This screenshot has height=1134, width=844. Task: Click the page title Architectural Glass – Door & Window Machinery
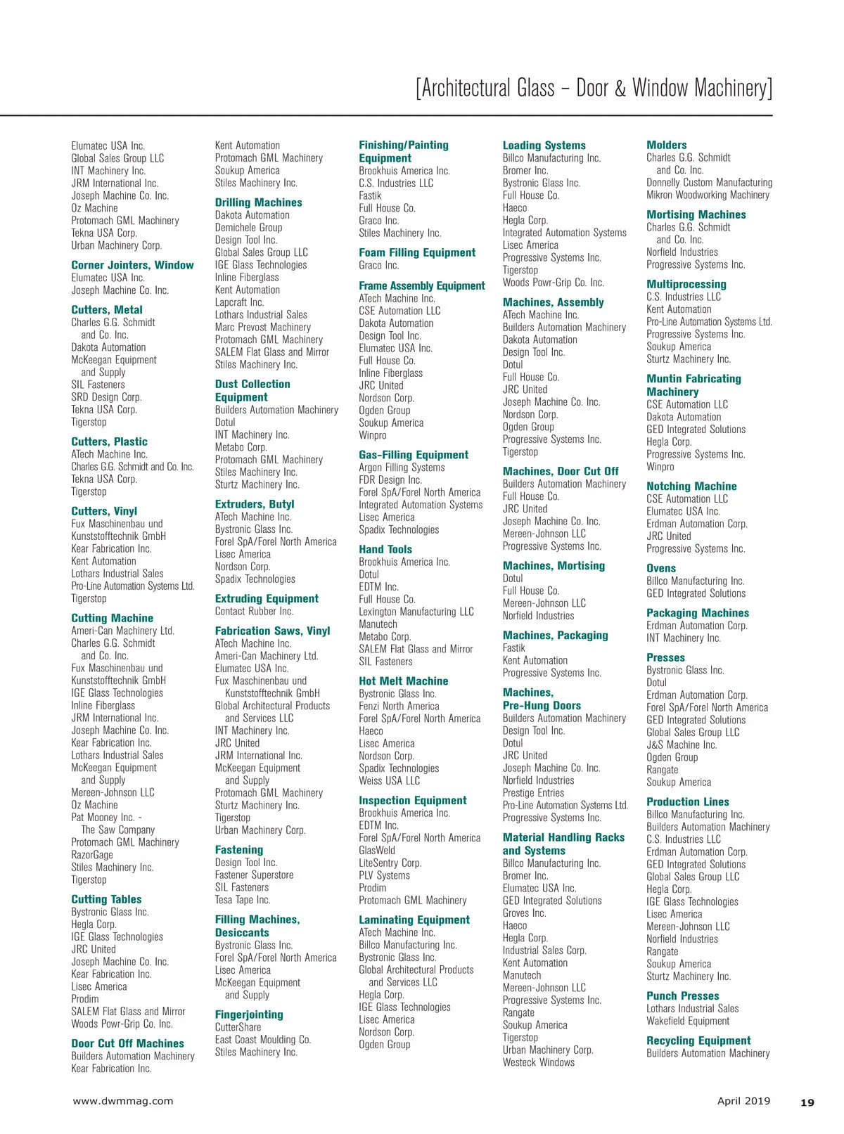tap(594, 89)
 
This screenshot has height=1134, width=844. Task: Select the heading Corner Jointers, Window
tap(132, 265)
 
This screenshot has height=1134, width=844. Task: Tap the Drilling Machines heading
tap(258, 202)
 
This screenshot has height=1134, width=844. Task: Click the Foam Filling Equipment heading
tap(417, 252)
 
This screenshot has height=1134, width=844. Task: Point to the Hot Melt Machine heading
tap(403, 681)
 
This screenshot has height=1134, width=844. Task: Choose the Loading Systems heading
tap(544, 146)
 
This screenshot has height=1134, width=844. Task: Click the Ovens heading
tap(660, 568)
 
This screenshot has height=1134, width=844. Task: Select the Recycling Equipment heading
tap(698, 1040)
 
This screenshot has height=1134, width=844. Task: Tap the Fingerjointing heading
tap(249, 1014)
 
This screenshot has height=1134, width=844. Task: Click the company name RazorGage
tap(92, 855)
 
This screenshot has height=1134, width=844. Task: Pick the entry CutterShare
tap(238, 1027)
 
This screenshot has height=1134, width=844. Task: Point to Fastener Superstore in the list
tap(254, 875)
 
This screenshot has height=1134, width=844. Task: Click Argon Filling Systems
tap(402, 468)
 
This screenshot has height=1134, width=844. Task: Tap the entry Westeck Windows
tap(538, 1062)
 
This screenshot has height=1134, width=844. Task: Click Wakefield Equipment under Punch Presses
tap(688, 1021)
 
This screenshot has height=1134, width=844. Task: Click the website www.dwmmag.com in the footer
tap(123, 1101)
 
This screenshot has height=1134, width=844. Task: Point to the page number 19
tap(807, 1102)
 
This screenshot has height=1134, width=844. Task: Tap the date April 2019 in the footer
tap(743, 1101)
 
